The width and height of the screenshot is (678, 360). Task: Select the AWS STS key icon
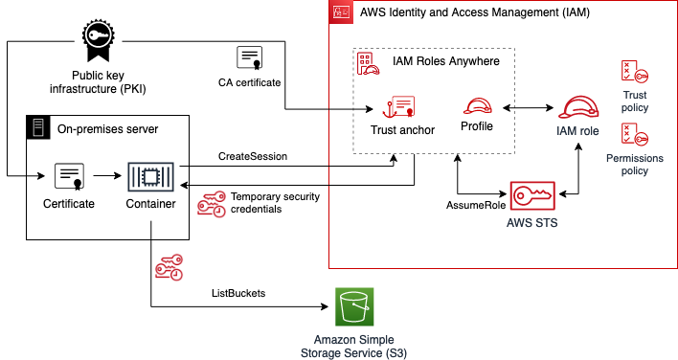point(532,195)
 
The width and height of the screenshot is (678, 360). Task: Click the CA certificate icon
point(250,57)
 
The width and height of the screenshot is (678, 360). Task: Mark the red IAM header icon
point(340,12)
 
